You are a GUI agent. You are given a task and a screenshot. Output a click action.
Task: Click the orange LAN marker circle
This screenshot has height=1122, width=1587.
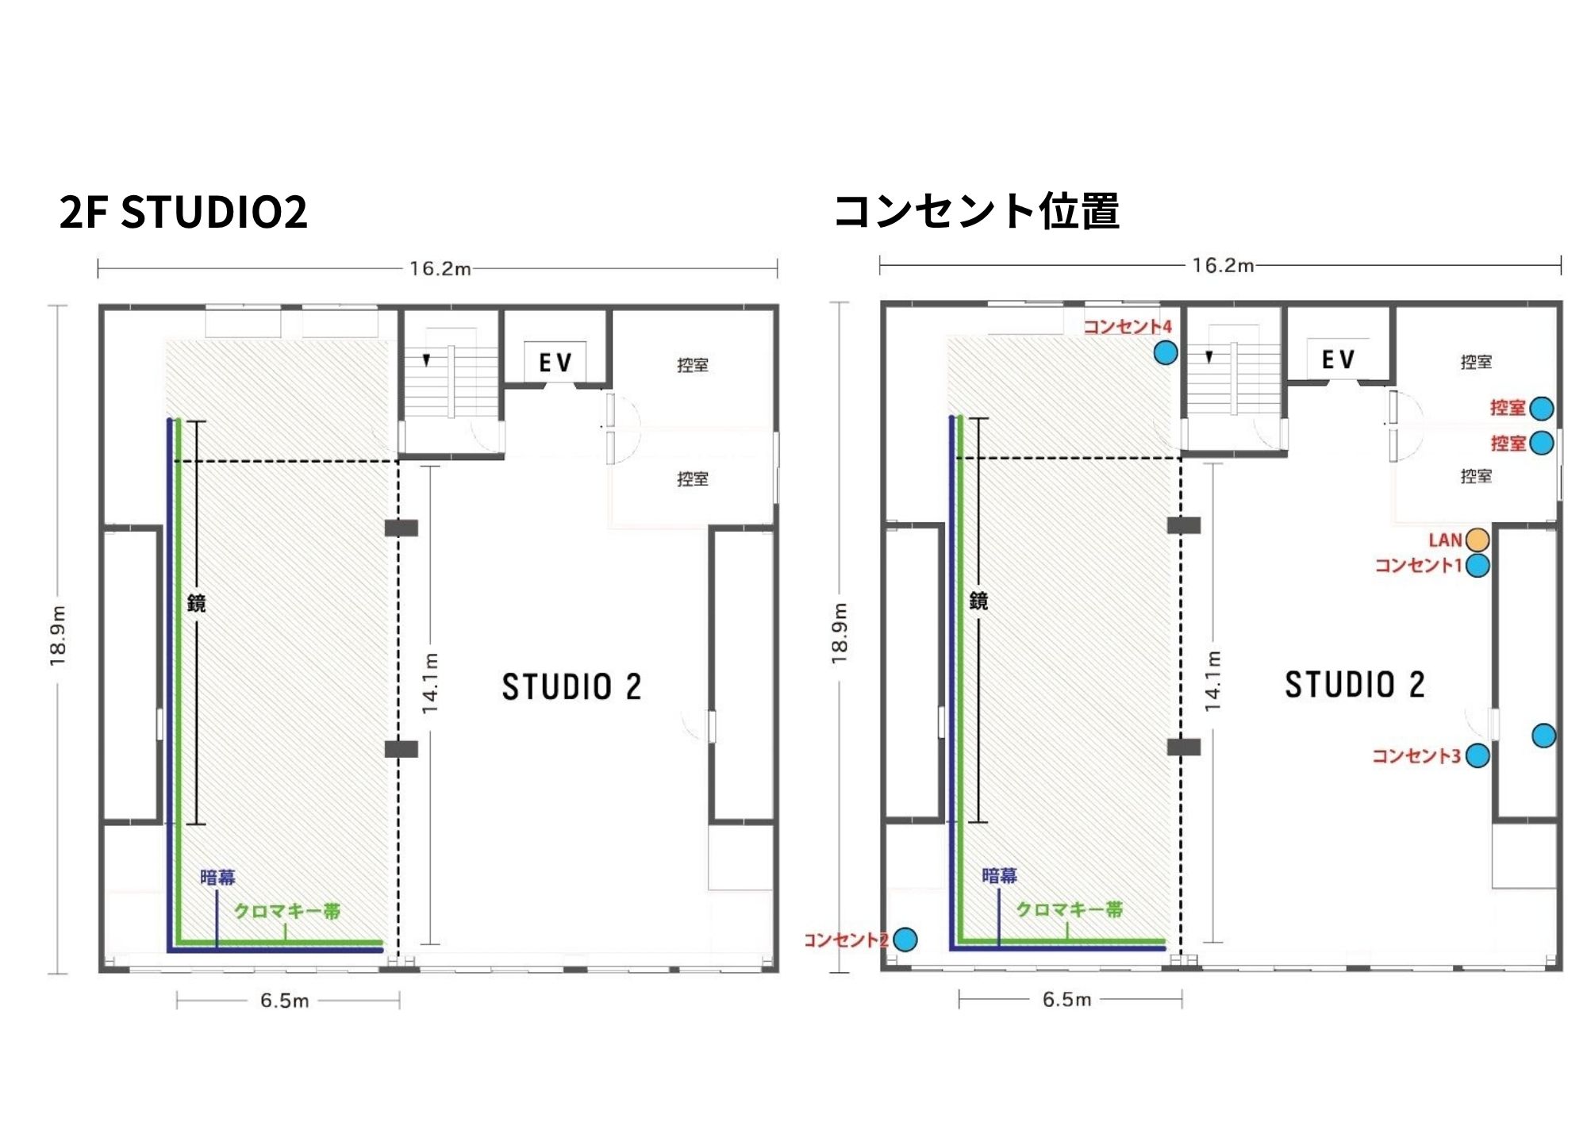click(x=1477, y=540)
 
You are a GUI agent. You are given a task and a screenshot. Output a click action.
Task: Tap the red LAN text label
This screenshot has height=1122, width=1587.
click(x=1445, y=540)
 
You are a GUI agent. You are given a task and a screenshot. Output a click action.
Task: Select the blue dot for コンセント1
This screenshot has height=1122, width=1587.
click(x=1477, y=566)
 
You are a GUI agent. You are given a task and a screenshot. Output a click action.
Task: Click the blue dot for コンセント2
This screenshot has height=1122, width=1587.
click(x=905, y=939)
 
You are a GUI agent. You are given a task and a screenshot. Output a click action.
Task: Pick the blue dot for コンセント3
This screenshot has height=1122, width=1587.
click(x=1477, y=755)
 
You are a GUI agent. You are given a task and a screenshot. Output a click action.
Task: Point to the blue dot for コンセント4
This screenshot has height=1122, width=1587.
click(x=1166, y=352)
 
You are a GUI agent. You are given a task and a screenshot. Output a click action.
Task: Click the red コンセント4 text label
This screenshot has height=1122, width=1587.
click(x=1128, y=326)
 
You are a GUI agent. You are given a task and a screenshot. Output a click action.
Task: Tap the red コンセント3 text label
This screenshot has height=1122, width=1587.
click(x=1416, y=755)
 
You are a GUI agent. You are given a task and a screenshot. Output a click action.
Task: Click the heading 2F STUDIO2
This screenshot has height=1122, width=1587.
click(x=183, y=212)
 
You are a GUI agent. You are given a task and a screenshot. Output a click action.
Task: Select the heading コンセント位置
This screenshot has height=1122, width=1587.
click(x=977, y=211)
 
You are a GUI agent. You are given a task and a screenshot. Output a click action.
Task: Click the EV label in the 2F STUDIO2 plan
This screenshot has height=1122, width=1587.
click(x=555, y=363)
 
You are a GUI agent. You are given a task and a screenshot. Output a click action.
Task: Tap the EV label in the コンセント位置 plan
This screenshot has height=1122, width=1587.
click(x=1339, y=360)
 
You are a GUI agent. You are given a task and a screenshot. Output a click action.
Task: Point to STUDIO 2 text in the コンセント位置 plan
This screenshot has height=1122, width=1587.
click(x=1355, y=685)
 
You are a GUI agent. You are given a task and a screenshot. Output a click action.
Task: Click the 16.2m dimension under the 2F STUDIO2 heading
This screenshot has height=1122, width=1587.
click(x=440, y=269)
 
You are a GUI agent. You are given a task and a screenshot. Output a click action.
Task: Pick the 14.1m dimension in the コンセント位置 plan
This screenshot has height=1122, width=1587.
click(x=1212, y=681)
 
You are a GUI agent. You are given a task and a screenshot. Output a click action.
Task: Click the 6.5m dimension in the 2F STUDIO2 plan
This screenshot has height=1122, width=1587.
click(x=284, y=1001)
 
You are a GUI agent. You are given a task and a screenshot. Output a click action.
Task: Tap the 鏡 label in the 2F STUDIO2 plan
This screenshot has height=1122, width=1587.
click(x=196, y=604)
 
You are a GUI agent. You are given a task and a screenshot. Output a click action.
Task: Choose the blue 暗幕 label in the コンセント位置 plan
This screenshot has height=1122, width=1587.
click(x=999, y=875)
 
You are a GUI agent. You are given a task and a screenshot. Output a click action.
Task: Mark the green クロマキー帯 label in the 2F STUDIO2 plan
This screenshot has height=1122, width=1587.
click(x=287, y=911)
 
